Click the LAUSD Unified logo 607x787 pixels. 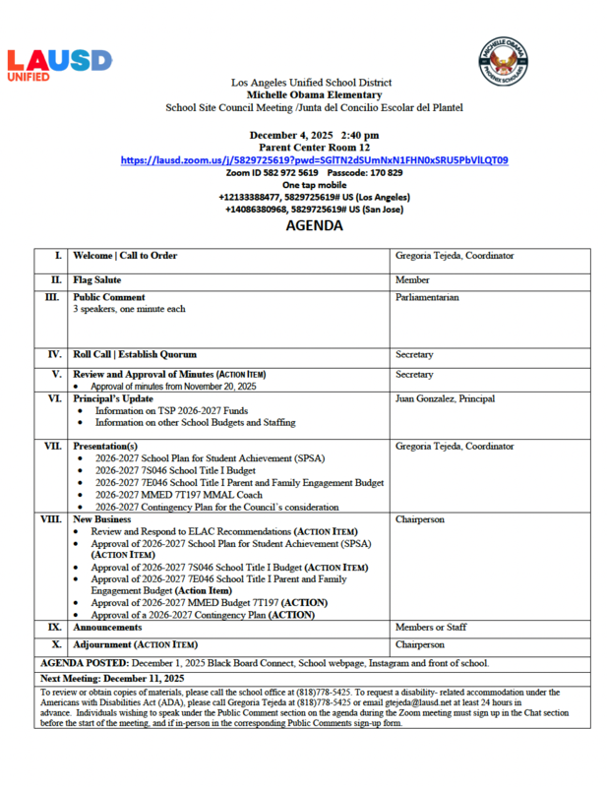pos(59,65)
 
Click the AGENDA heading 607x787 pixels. pos(314,225)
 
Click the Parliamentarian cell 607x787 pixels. pos(427,297)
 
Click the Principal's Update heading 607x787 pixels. pos(109,398)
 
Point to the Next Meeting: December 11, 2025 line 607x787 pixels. pos(112,679)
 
